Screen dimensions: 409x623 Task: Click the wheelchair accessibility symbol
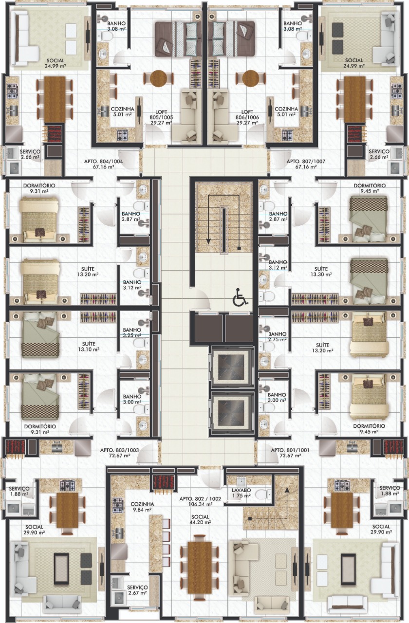point(240,297)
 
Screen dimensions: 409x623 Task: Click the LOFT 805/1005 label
point(161,117)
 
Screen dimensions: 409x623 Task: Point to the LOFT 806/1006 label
point(247,117)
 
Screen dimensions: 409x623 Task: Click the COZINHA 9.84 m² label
point(142,507)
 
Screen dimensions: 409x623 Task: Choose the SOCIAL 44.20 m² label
point(200,519)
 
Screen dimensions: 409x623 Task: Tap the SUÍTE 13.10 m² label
point(89,347)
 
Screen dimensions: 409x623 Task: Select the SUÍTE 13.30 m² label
point(321,272)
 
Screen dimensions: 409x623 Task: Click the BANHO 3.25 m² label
point(132,332)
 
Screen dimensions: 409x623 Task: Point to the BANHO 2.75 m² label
point(278,337)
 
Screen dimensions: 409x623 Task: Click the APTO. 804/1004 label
point(103,164)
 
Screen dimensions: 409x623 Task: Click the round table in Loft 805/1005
point(159,78)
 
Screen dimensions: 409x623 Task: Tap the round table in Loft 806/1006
point(251,78)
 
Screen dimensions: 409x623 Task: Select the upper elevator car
point(232,366)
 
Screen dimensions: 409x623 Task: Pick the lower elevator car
point(232,412)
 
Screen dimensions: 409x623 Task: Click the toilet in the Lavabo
point(262,494)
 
